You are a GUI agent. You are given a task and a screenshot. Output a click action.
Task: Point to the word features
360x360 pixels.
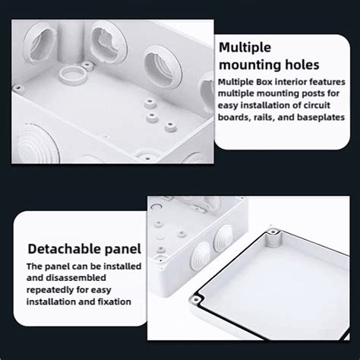point(325,82)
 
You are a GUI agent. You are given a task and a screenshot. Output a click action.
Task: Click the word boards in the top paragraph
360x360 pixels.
point(234,118)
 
